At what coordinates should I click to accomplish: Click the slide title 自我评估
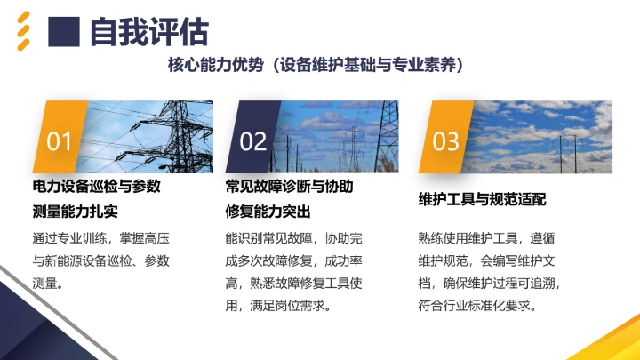(149, 32)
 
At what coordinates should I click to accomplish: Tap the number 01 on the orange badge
(60, 140)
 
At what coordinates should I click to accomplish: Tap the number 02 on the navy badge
(253, 140)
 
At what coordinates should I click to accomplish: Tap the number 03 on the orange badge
(446, 140)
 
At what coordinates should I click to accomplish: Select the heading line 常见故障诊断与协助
(290, 188)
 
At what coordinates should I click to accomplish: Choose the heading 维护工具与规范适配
(482, 199)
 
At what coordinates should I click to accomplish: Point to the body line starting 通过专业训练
(100, 237)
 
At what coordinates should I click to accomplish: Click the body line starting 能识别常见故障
(294, 237)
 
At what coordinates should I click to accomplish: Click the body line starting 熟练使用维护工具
(486, 237)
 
